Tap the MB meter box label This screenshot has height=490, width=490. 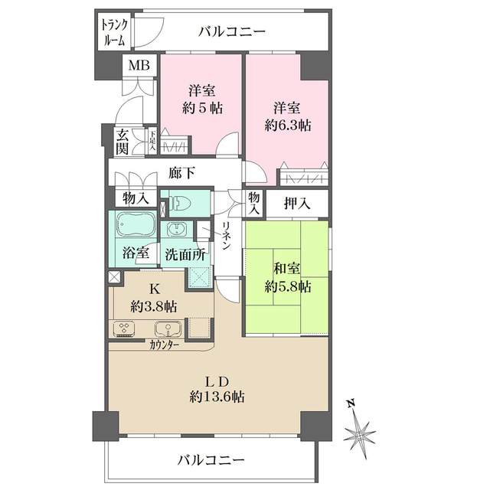(x=139, y=66)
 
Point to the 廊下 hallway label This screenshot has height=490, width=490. (x=181, y=174)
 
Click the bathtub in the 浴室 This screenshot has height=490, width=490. (x=135, y=227)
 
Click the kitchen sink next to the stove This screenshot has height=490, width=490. (x=168, y=329)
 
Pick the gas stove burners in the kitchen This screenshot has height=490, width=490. (x=125, y=329)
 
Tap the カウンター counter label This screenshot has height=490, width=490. (x=165, y=345)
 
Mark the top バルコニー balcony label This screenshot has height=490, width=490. (x=232, y=32)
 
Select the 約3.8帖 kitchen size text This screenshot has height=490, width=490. (x=154, y=305)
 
